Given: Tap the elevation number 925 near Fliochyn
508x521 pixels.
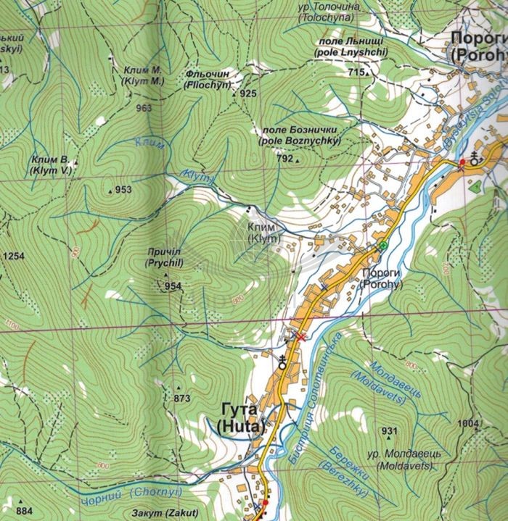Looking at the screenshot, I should coord(248,94).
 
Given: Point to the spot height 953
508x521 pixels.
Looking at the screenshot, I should coord(123,191).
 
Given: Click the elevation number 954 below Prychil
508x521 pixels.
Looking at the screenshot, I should coord(172,286).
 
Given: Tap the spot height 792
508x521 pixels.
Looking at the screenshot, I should coord(284,158).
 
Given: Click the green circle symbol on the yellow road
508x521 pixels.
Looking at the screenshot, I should coord(382,247).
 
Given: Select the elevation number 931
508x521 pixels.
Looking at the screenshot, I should coord(390,432).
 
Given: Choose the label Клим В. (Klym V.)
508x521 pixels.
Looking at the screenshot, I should coord(50,164).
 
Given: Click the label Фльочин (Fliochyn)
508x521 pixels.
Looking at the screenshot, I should coord(227,80).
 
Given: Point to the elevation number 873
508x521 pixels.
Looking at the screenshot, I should coord(181,399).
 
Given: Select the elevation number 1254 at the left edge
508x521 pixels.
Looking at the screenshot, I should coord(14,257).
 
